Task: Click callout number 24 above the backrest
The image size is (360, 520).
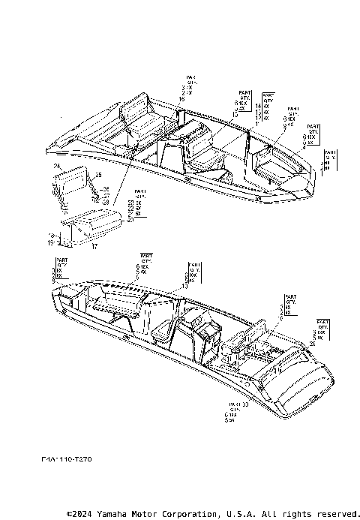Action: tap(56, 166)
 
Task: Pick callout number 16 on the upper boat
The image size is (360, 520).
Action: tap(181, 99)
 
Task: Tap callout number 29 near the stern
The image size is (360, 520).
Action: tap(312, 344)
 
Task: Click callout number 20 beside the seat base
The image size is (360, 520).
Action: tap(131, 220)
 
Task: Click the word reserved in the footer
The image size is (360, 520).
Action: tap(334, 515)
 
